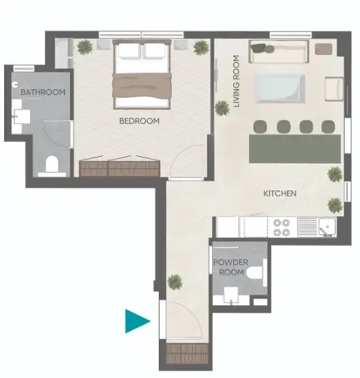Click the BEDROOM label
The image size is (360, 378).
point(139,121)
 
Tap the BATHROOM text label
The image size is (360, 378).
point(43,92)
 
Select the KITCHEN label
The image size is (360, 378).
point(280,193)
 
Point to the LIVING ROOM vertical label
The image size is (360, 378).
point(236,81)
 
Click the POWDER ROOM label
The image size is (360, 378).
point(231,267)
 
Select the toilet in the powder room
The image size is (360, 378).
point(256,273)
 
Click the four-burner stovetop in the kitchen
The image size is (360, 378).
point(281,227)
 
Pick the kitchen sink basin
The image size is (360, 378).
point(327,227)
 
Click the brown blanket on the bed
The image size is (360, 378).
point(142,86)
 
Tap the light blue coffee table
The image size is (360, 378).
point(279,88)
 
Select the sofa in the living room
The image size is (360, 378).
point(279,51)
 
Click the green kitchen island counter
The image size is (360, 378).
point(295,149)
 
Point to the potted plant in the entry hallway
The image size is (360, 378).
point(175,281)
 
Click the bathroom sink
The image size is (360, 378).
point(22,116)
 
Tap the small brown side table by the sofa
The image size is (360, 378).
point(324,49)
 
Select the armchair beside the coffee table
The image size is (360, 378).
point(334,89)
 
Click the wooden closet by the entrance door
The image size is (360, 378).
point(188,353)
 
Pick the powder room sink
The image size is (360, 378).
point(231,295)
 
